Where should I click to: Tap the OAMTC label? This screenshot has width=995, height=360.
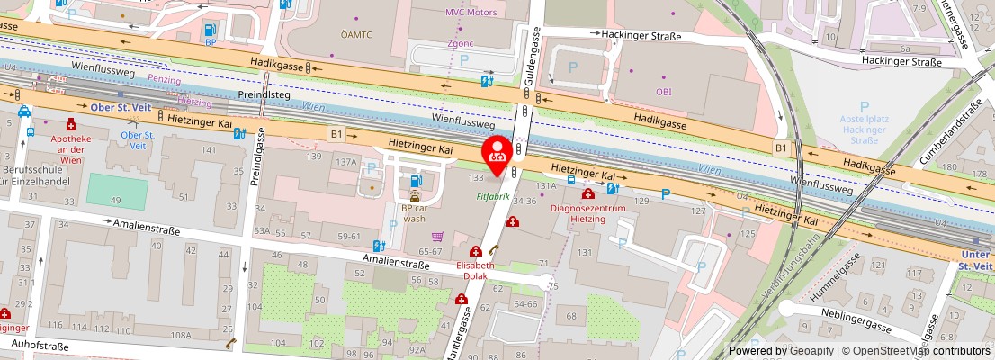[355, 35]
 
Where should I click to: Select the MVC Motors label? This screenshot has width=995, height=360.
[471, 13]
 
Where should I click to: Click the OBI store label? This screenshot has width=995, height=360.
[664, 91]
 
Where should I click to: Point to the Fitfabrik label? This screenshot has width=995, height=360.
[493, 195]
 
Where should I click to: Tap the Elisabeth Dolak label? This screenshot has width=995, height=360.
[476, 271]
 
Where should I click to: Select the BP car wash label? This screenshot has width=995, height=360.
[414, 212]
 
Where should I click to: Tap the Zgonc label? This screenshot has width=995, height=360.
[460, 42]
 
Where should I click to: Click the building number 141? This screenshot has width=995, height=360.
[209, 149]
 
